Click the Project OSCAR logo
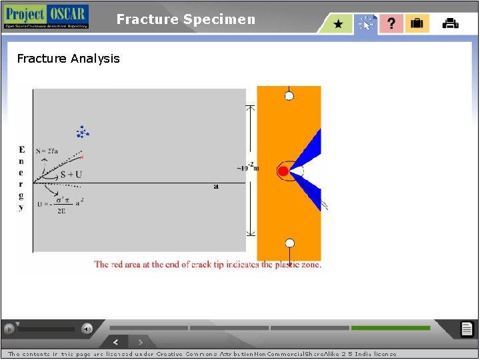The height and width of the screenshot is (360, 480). pos(46,17)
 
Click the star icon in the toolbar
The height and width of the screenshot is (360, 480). pos(339,24)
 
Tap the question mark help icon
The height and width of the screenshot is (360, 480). pos(391,24)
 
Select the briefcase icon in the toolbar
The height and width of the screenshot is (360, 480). pos(417,24)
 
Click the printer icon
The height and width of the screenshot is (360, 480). pos(451,24)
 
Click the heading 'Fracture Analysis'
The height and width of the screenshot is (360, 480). pos(68,59)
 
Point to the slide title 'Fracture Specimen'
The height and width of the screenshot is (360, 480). pos(185,19)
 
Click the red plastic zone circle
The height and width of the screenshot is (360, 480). pos(283,171)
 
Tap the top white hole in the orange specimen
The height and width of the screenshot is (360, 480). pos(289,96)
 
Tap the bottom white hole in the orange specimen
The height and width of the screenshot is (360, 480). pos(289,243)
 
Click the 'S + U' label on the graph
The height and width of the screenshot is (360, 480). pos(71,175)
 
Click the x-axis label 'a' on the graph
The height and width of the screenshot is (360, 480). pos(216,186)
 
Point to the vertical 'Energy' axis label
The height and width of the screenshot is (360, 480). pos(21,178)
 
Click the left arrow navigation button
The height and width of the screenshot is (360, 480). pos(116,342)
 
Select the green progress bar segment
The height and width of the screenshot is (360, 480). pos(391,328)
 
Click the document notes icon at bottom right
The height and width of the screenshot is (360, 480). pos(467,329)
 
